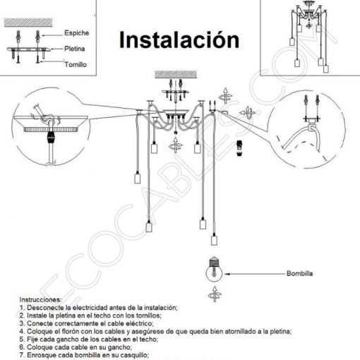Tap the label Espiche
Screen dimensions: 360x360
pos(76,33)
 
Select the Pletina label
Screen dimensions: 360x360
pos(75,50)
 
